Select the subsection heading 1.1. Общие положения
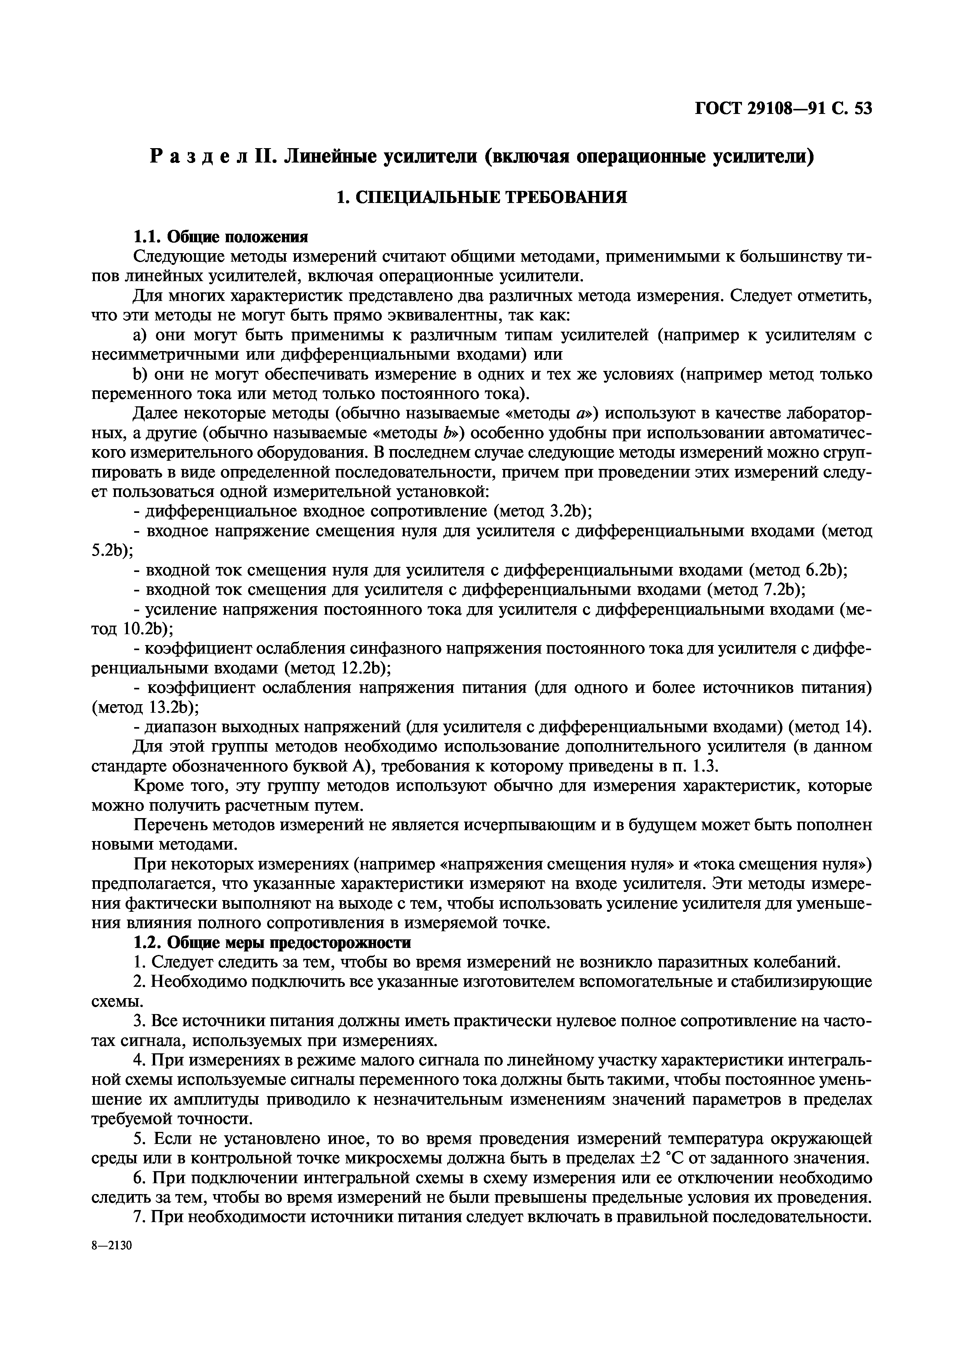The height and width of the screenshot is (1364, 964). (220, 237)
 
